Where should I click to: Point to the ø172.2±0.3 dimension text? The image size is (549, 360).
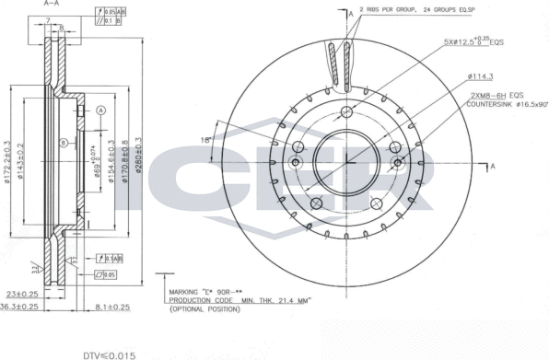click(x=6, y=166)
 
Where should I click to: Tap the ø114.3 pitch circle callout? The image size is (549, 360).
click(x=482, y=76)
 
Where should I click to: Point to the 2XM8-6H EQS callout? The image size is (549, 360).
click(x=496, y=95)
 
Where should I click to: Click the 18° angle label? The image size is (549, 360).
click(x=206, y=138)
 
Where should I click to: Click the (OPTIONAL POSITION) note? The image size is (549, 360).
click(x=204, y=310)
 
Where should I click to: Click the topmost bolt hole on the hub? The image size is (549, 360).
click(x=346, y=112)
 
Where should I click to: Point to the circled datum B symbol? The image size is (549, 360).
click(x=64, y=143)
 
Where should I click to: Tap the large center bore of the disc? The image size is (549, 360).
click(x=346, y=162)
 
